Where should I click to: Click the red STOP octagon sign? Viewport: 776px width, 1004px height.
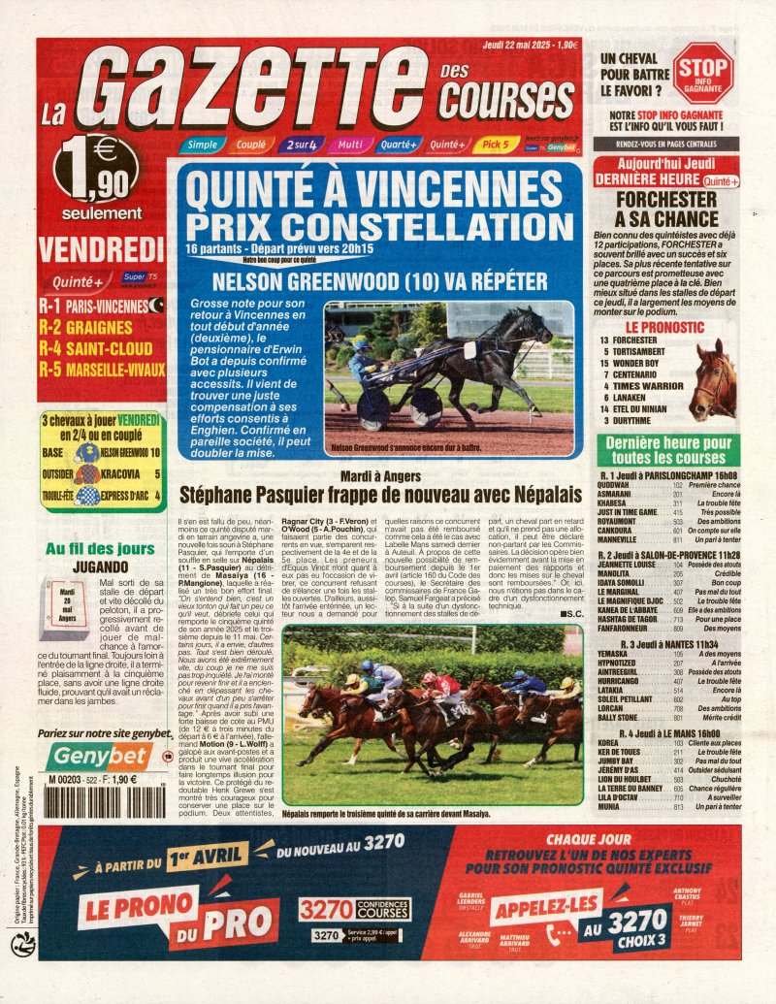[x=702, y=73]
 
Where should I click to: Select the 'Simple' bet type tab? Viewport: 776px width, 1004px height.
[x=202, y=145]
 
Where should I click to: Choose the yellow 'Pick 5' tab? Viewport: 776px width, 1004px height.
[x=495, y=145]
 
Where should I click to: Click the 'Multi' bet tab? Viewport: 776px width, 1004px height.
[x=347, y=145]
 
